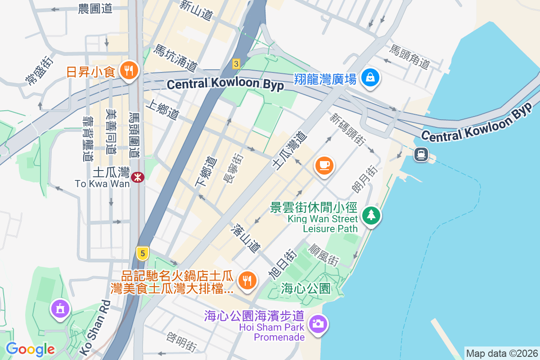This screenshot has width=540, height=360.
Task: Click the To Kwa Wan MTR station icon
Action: click(x=137, y=177)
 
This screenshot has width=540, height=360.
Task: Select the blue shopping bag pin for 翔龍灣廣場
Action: click(x=370, y=78)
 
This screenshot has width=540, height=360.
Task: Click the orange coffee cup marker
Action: click(x=324, y=166)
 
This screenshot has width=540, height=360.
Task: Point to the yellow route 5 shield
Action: click(x=143, y=254)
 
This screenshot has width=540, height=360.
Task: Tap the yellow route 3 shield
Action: click(x=235, y=64)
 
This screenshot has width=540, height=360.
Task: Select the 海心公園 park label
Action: click(x=306, y=288)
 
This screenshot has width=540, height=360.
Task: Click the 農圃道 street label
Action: click(x=95, y=9)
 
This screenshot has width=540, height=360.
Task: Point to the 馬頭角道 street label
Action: click(x=410, y=57)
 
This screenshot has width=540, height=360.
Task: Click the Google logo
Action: click(x=30, y=349)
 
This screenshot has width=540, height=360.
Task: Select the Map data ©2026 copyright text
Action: click(x=501, y=354)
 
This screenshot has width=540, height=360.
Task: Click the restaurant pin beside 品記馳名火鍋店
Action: click(x=247, y=280)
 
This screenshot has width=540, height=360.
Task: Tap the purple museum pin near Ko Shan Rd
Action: click(x=59, y=309)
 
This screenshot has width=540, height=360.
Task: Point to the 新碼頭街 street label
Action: click(x=347, y=130)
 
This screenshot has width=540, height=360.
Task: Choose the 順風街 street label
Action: click(x=324, y=254)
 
